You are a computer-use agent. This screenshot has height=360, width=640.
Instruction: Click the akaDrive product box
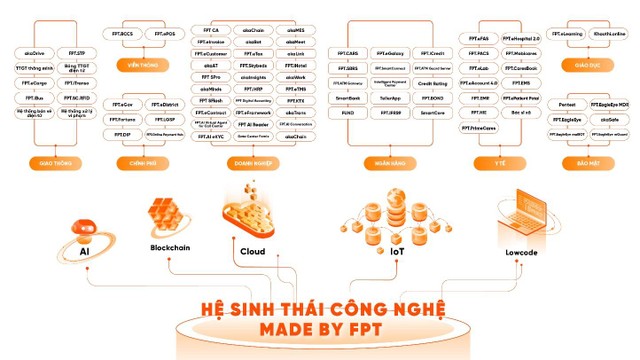32,51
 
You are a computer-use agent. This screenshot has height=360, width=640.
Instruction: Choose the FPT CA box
211,31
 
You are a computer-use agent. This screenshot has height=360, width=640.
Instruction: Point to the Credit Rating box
432,84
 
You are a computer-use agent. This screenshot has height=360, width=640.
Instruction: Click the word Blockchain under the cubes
170,246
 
